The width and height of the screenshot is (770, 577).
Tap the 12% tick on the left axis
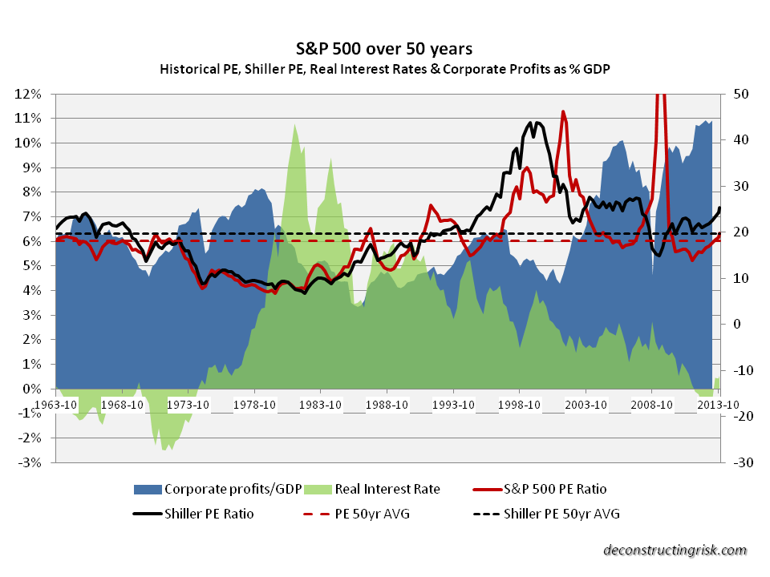(x=30, y=93)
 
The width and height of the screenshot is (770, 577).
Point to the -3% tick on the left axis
(x=30, y=462)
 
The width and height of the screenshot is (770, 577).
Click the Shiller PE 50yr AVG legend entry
(x=561, y=514)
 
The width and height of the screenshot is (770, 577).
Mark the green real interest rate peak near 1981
(x=295, y=124)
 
